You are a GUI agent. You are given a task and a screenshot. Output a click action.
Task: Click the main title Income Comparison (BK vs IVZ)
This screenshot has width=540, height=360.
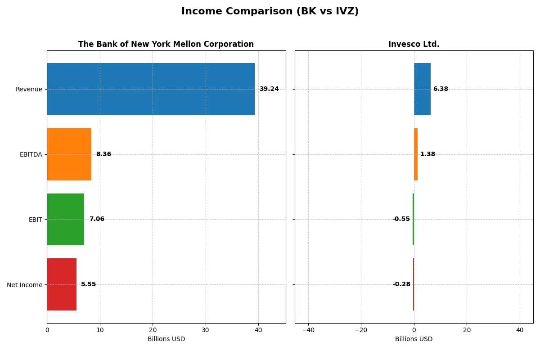pyautogui.click(x=270, y=12)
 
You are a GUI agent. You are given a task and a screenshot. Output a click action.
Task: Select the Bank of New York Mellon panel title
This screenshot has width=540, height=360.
pyautogui.click(x=166, y=44)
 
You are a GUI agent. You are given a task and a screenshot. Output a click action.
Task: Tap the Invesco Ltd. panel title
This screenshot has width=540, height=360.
pyautogui.click(x=414, y=44)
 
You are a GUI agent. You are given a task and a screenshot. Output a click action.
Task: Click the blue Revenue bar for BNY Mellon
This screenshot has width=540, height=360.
pyautogui.click(x=151, y=89)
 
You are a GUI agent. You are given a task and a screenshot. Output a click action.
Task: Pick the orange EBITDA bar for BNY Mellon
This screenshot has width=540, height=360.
pyautogui.click(x=69, y=154)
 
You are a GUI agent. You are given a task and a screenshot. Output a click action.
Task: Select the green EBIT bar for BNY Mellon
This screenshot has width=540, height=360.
pyautogui.click(x=65, y=219)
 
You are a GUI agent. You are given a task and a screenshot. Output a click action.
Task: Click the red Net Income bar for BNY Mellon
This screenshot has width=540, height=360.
pyautogui.click(x=62, y=284)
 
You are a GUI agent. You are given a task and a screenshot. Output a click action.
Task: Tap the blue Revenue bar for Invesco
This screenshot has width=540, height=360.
pyautogui.click(x=422, y=89)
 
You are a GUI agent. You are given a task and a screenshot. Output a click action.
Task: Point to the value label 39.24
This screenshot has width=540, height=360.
pyautogui.click(x=269, y=89)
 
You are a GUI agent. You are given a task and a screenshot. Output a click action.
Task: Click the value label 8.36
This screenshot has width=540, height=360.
pyautogui.click(x=103, y=154)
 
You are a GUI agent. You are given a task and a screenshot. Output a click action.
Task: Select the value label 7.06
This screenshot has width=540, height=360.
pyautogui.click(x=97, y=219)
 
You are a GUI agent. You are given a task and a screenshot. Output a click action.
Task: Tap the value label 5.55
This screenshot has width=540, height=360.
pyautogui.click(x=89, y=284)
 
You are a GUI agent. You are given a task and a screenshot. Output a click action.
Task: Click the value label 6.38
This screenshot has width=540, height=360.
pyautogui.click(x=441, y=89)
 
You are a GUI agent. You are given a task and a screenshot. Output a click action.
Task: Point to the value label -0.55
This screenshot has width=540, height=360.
pyautogui.click(x=401, y=219)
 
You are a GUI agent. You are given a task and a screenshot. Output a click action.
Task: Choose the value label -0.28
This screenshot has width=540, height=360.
pyautogui.click(x=401, y=284)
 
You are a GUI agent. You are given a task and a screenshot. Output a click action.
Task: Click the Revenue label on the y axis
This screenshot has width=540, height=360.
pyautogui.click(x=29, y=89)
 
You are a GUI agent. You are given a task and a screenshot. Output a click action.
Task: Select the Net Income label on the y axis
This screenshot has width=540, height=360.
pyautogui.click(x=25, y=285)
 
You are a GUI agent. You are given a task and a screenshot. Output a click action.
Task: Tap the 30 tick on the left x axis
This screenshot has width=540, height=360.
pyautogui.click(x=206, y=330)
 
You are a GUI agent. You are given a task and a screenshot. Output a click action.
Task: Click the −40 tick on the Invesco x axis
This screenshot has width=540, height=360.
pyautogui.click(x=308, y=330)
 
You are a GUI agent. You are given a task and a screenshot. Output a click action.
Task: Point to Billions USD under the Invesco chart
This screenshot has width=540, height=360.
pyautogui.click(x=414, y=339)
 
